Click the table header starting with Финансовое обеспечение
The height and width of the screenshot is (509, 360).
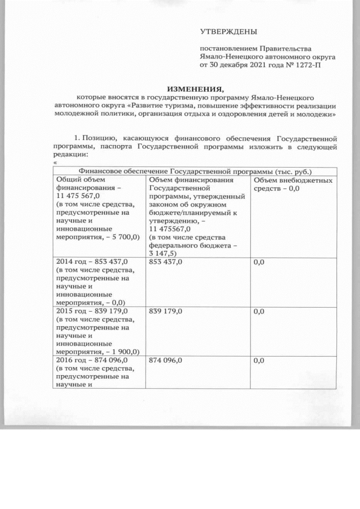pyautogui.click(x=196, y=171)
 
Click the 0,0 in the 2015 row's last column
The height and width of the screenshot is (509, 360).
pyautogui.click(x=259, y=311)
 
